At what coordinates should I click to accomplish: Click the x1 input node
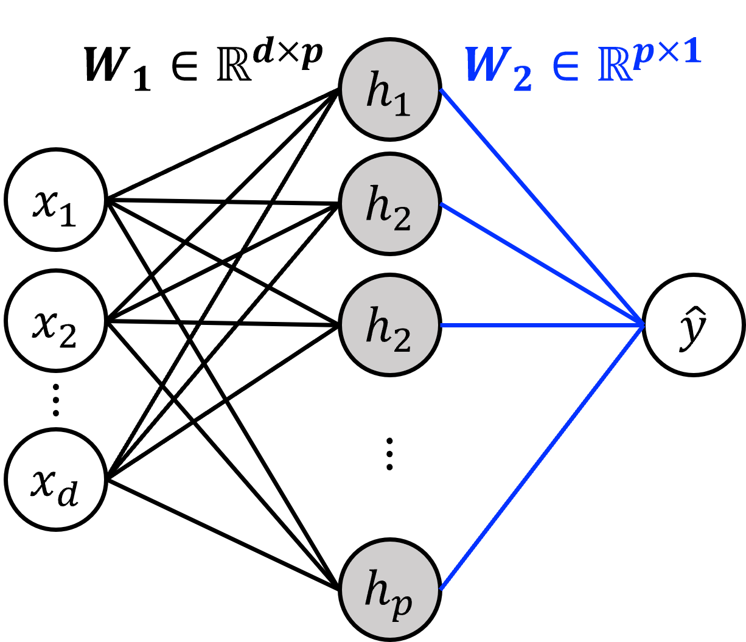tap(56, 200)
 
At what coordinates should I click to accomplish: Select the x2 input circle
tap(56, 321)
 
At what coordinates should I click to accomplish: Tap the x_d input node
tap(56, 480)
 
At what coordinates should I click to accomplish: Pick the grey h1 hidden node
tap(390, 89)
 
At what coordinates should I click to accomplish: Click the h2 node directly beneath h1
tap(390, 203)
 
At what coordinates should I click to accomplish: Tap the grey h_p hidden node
tap(390, 589)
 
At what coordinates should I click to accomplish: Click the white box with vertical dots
tap(389, 453)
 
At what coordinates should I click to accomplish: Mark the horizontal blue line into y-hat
tap(542, 326)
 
